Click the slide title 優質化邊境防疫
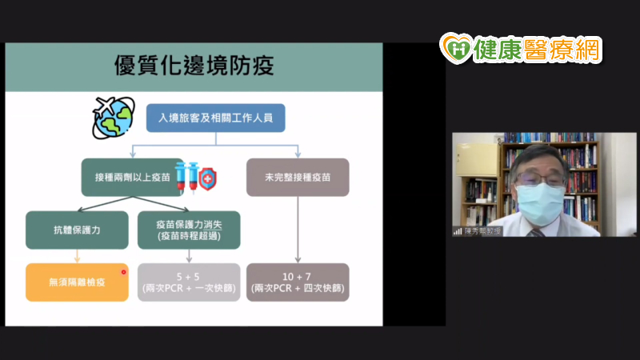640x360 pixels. (194, 66)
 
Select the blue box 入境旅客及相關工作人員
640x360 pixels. (215, 118)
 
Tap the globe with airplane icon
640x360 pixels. (114, 118)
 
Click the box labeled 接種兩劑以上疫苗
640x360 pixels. (132, 177)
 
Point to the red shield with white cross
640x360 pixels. (208, 178)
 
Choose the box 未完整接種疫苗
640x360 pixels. (298, 177)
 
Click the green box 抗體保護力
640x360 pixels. (77, 230)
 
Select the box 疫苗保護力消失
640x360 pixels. (189, 230)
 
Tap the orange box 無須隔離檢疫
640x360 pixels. (77, 282)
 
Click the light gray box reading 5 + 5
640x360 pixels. (189, 282)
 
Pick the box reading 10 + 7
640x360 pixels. (298, 282)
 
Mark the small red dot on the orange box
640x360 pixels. (123, 272)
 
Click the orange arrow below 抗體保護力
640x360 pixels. (77, 256)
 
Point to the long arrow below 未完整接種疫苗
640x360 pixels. (298, 230)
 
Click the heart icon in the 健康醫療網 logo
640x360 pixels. (456, 49)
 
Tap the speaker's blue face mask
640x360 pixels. (540, 203)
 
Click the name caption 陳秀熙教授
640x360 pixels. (482, 231)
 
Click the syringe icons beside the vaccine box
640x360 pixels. (187, 177)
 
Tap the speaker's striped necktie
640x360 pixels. (537, 233)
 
